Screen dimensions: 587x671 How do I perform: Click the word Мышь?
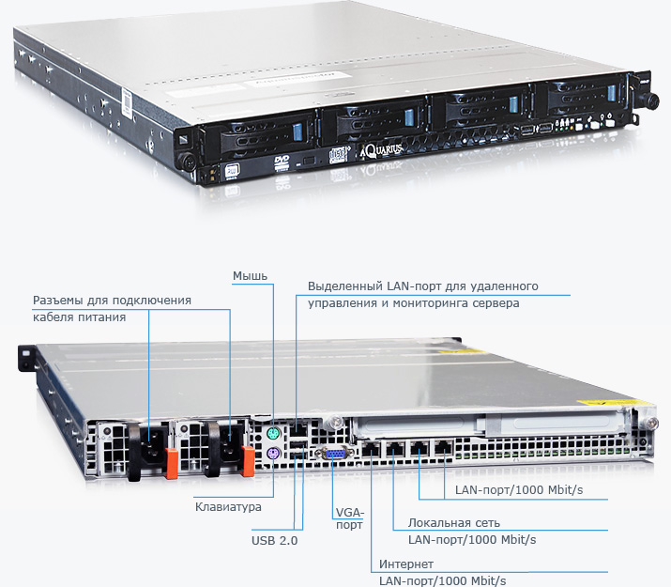coord(250,275)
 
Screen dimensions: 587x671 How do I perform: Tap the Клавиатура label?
coord(228,507)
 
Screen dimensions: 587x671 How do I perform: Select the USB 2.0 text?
coord(274,540)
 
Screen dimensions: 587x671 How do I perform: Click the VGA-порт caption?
coord(348,518)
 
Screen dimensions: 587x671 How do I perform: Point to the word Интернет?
coord(406,564)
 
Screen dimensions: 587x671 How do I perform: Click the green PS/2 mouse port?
coord(271,436)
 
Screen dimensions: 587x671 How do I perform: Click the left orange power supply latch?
coord(173,460)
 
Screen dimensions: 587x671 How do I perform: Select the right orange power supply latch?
coord(247,460)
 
